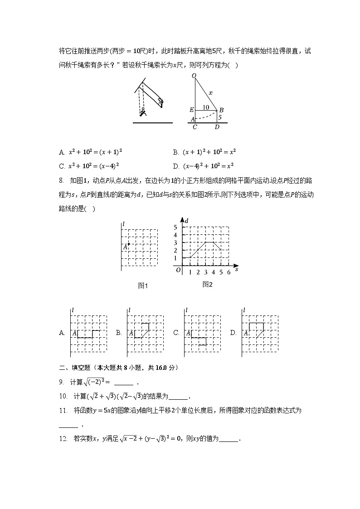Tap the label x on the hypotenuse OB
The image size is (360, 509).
210,93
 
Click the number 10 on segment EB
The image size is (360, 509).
206,107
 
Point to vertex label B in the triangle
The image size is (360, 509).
221,110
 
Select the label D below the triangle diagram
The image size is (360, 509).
217,127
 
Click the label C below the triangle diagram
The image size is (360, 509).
195,127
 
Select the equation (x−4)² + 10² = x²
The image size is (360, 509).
209,166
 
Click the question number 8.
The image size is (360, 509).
61,180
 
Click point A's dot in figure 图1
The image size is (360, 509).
129,244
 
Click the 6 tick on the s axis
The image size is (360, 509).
229,272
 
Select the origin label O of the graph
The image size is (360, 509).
178,270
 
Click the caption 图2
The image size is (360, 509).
208,285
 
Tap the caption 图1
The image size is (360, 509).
143,286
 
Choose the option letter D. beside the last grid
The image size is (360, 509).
233,333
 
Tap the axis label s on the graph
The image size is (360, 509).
237,269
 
